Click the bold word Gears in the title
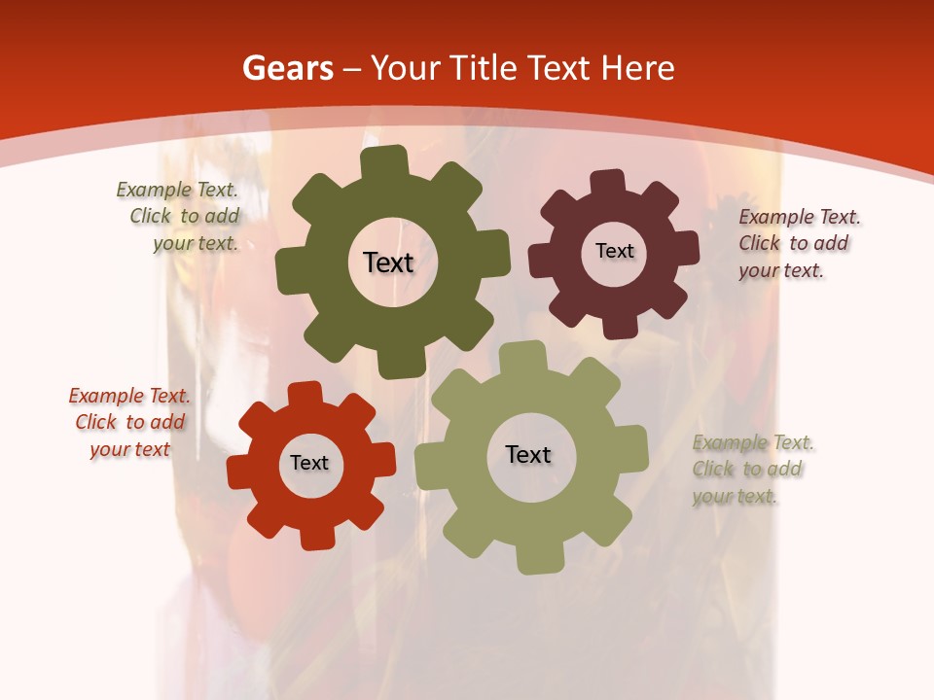287,68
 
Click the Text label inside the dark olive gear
388,262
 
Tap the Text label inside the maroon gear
614,251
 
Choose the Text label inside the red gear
309,463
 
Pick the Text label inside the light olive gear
528,454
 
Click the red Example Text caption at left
129,423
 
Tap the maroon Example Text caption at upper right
799,243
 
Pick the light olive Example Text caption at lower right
752,469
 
